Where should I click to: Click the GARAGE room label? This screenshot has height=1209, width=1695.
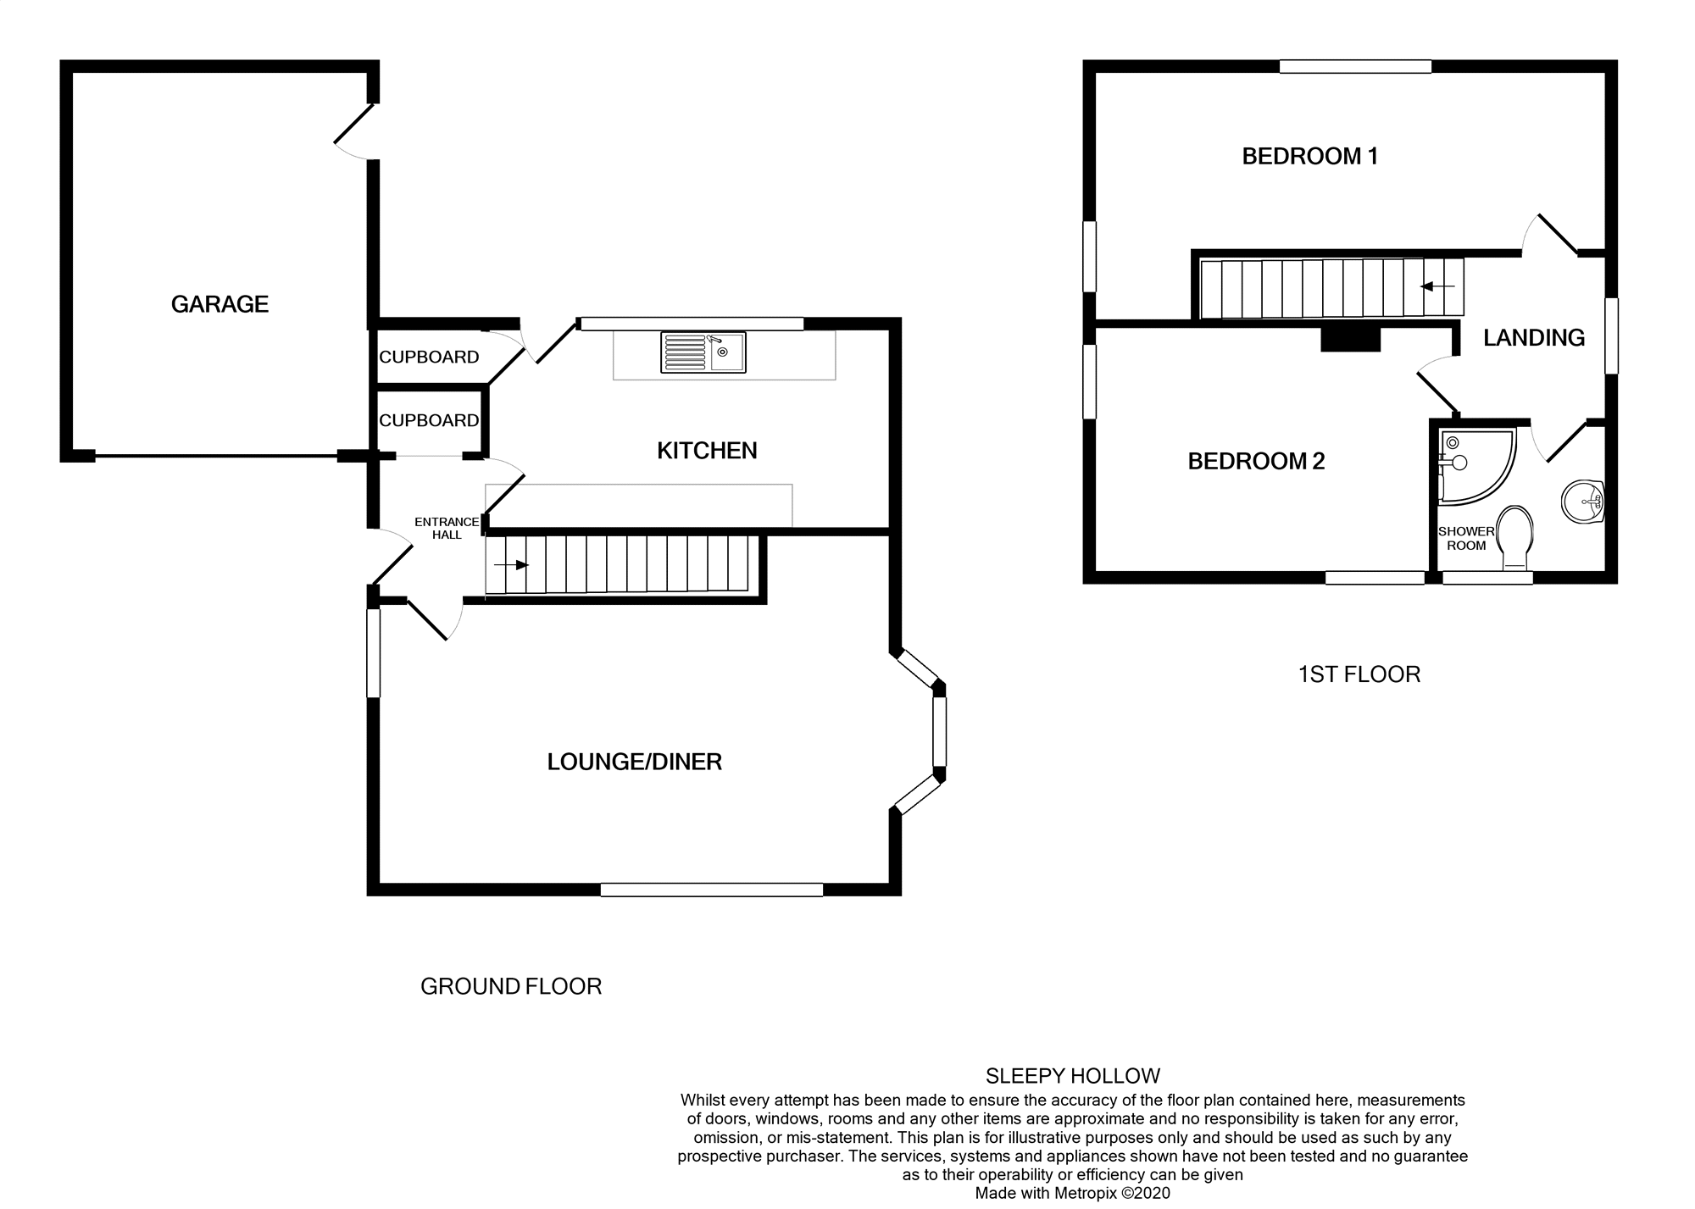220,304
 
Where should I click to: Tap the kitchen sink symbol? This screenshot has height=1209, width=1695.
703,352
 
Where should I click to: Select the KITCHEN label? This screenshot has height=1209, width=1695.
707,451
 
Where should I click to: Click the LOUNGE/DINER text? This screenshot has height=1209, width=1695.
634,762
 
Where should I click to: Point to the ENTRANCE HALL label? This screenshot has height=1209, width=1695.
447,528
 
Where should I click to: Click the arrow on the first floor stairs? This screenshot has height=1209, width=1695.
1437,287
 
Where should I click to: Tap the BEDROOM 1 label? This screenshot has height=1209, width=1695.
1309,156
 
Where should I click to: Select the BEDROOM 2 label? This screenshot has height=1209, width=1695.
1256,461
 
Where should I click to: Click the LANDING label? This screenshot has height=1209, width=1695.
1533,337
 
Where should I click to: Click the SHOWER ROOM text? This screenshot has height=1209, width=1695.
1466,538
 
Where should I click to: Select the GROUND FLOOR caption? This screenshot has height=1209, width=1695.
511,986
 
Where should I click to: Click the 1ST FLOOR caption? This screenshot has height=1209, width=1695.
1359,674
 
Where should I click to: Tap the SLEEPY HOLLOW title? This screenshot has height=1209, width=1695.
1072,1076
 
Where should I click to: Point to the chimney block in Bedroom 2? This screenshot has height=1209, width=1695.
1351,340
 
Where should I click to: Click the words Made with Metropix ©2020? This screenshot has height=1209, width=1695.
1072,1193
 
